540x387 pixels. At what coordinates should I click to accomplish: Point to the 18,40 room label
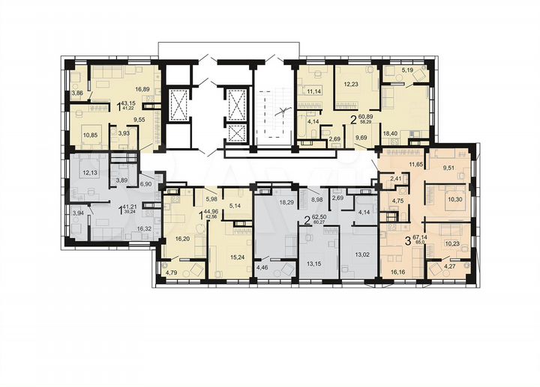point(391,132)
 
